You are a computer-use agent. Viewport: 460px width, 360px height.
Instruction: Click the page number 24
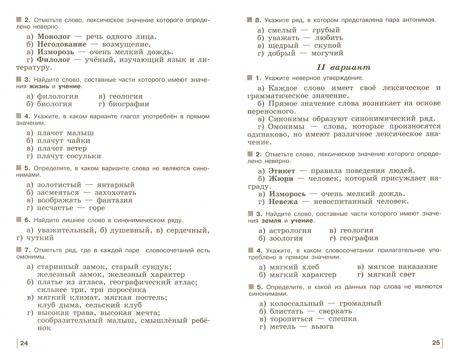point(24,343)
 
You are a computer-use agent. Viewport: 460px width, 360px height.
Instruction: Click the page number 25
point(436,342)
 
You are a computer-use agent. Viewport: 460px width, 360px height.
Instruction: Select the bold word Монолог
point(54,37)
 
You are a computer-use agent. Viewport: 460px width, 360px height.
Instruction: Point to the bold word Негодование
point(62,44)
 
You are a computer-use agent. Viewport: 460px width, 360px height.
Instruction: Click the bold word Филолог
point(53,60)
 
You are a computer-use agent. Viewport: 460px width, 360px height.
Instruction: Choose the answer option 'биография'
point(129,104)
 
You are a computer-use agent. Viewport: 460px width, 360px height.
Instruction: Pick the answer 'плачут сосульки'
point(69,156)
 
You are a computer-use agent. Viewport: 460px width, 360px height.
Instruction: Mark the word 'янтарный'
point(115,185)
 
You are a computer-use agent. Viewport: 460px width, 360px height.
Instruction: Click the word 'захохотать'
point(115,192)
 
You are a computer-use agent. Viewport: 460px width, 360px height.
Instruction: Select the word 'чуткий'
point(40,238)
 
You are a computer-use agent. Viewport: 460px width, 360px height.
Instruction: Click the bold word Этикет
point(282,171)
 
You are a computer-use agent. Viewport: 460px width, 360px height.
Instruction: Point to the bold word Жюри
point(281,179)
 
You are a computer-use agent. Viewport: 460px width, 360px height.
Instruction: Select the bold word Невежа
point(283,202)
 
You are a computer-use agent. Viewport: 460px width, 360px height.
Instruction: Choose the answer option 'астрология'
point(290,231)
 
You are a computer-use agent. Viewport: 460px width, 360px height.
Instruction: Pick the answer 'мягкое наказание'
point(402,267)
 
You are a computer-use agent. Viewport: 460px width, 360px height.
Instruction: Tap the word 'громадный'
point(360,304)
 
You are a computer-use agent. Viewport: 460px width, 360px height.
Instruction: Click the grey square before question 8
point(249,20)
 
